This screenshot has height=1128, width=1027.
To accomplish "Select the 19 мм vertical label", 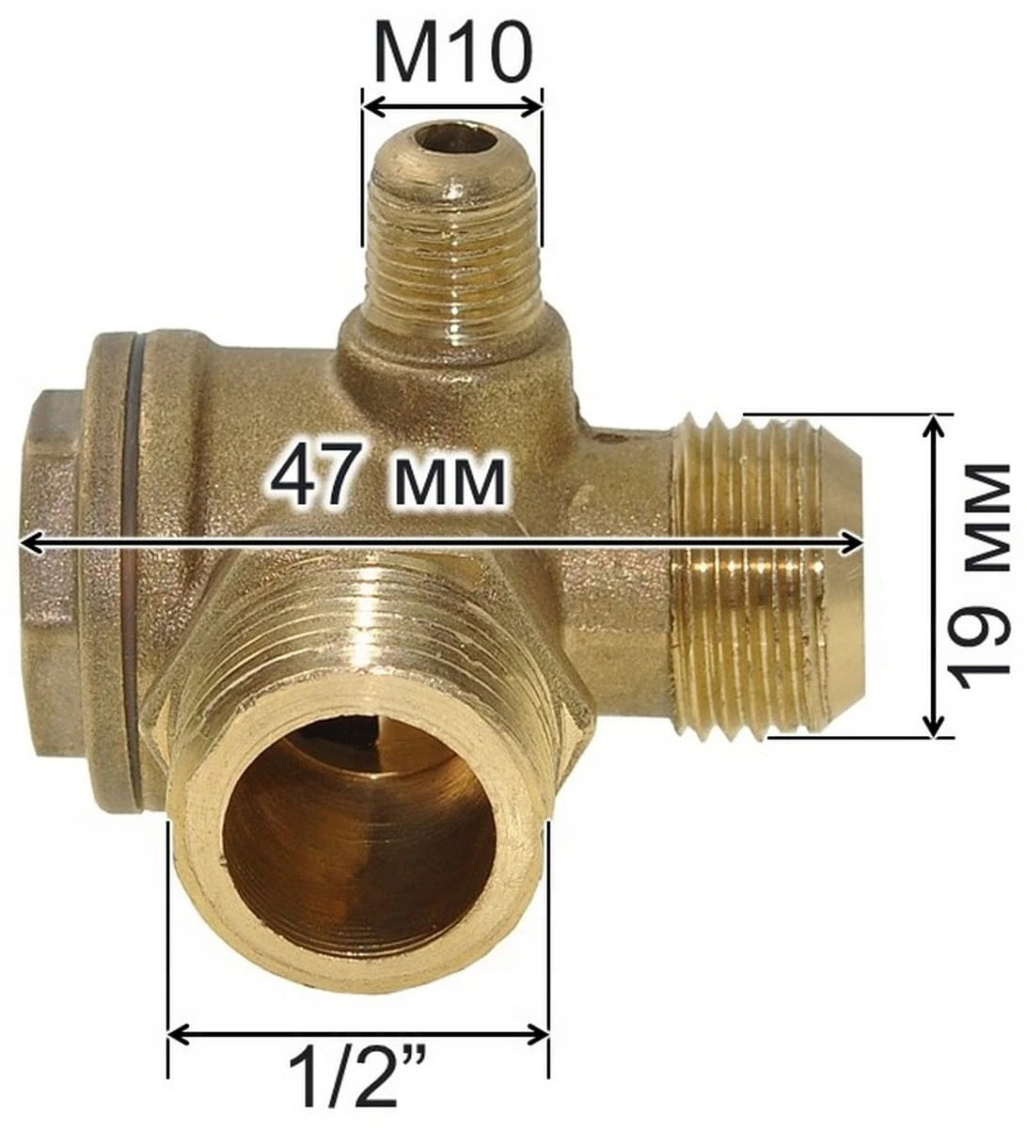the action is pyautogui.click(x=977, y=575).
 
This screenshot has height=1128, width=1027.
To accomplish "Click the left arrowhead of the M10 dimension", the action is pyautogui.click(x=376, y=107).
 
